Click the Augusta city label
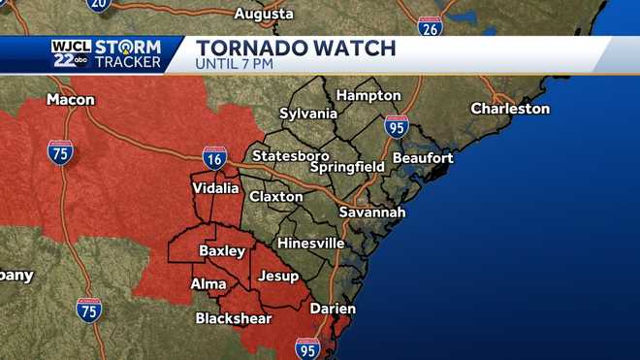pos(264,15)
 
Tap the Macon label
pos(71,100)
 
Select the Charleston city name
pos(510,109)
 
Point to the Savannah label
pos(371,212)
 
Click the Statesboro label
pos(290,155)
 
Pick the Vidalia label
pos(216,188)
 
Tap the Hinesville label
pos(310,243)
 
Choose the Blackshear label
pos(232,317)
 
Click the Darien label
pos(333,309)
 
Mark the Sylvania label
pos(307,114)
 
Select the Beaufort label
pos(423,157)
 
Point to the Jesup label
pos(279,277)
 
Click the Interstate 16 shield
pos(215,156)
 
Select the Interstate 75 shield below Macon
pos(60,151)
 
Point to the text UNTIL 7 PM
pos(235,64)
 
